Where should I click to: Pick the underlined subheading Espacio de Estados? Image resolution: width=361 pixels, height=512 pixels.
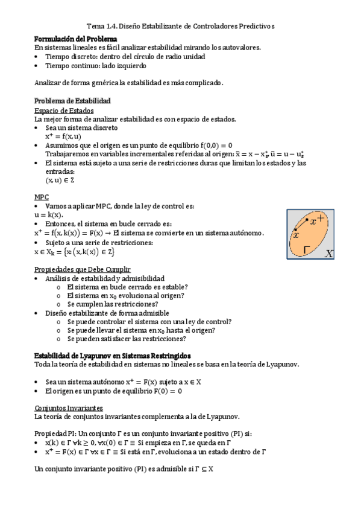pos(64,110)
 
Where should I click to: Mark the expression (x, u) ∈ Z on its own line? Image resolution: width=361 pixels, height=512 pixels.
pos(60,180)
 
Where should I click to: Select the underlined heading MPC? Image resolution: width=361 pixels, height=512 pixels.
pos(42,197)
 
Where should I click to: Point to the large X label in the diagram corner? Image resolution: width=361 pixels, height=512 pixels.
pos(329,254)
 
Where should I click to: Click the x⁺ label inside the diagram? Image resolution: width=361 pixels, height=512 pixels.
pos(317,220)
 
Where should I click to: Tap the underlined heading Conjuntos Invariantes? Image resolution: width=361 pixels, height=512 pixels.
pos(69,408)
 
